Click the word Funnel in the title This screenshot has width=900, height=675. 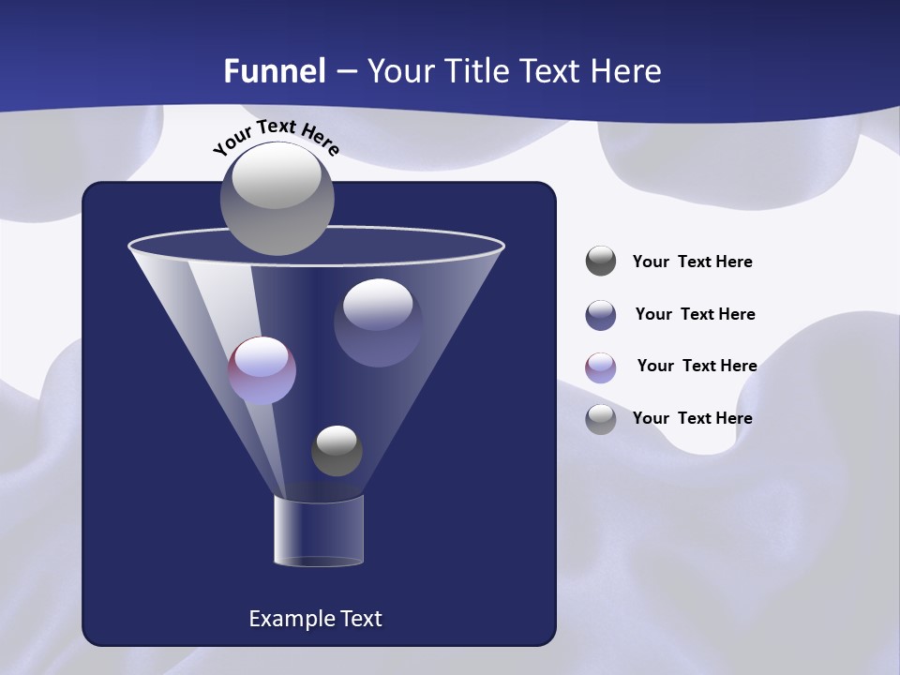275,71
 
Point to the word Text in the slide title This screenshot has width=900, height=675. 547,71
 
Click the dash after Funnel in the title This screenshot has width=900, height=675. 345,71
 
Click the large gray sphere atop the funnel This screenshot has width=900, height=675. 277,199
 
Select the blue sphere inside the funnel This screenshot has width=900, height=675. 378,322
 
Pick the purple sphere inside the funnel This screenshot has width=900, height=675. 262,370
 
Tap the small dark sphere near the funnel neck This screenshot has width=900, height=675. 337,451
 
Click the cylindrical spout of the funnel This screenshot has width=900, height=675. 318,531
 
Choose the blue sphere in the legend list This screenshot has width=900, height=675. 601,315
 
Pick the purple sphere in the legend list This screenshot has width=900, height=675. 601,367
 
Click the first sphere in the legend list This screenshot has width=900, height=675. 601,261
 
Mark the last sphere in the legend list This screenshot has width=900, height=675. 601,419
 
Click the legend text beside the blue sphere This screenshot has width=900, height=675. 695,314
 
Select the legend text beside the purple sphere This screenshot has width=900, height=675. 697,366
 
